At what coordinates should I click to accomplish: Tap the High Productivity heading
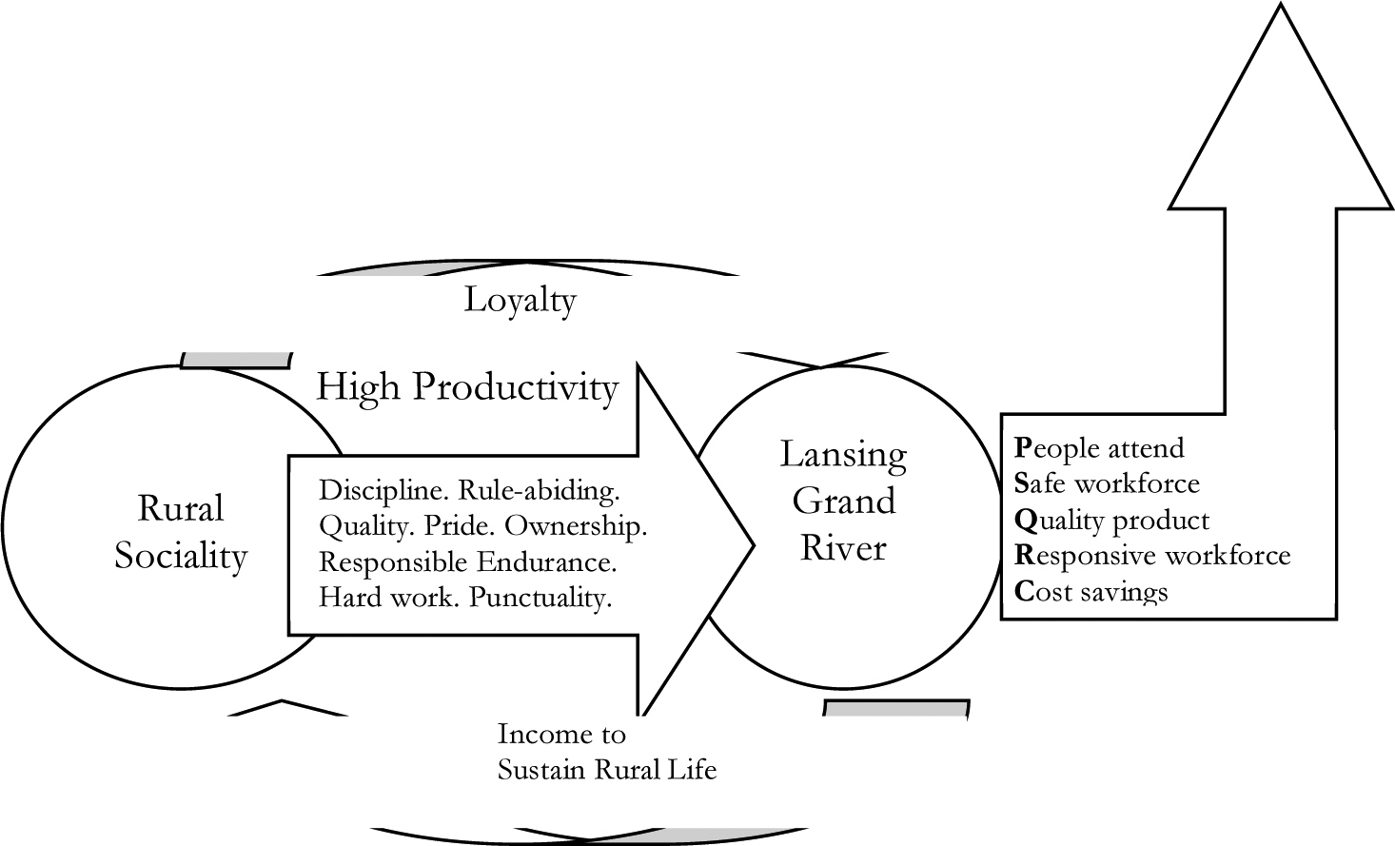pos(468,388)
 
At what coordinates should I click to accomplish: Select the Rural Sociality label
pos(181,531)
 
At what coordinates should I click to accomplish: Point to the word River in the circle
pos(843,548)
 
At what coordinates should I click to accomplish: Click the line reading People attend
pos(1099,448)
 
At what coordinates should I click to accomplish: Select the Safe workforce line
pos(1107,484)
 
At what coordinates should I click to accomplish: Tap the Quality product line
pos(1111,521)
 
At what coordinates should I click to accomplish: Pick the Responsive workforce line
pos(1152,556)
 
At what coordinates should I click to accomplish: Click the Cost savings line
pos(1091,592)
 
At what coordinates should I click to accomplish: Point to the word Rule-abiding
pos(540,492)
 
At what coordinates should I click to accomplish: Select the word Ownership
pos(576,527)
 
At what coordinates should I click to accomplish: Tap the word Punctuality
pos(540,599)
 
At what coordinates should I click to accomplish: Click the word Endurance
pos(547,562)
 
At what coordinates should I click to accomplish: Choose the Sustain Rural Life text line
pos(607,771)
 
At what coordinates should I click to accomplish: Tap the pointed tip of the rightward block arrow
pos(755,546)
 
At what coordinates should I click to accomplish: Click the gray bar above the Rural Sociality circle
pos(236,360)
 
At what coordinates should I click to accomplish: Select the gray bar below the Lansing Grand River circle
pos(896,709)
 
